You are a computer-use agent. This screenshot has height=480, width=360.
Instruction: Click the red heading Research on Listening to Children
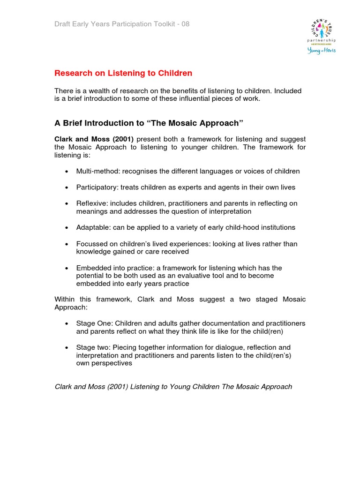tap(123, 73)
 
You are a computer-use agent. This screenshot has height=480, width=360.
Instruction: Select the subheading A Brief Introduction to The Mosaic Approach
tap(149, 123)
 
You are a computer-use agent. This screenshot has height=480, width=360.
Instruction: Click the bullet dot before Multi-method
tap(66, 172)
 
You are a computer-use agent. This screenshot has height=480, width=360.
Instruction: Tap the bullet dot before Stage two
tap(66, 348)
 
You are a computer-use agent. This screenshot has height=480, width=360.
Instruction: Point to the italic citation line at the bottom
tap(173, 387)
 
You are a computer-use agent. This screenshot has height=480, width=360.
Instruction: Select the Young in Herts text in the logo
tap(322, 51)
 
